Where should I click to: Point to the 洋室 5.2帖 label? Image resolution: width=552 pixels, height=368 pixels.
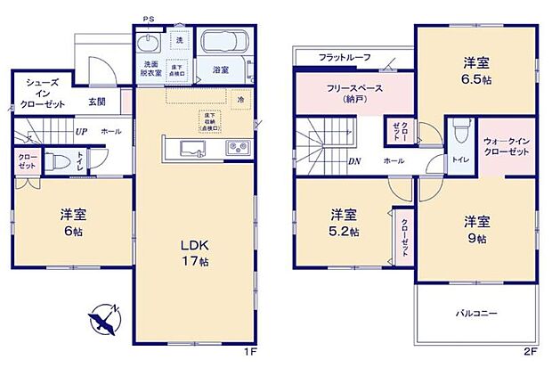(344, 223)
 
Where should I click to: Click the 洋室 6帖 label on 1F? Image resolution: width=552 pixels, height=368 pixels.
(73, 223)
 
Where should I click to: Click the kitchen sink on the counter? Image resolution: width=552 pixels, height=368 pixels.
(192, 147)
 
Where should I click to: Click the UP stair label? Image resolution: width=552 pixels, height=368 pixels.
(81, 132)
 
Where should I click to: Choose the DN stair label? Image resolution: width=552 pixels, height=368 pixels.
(353, 161)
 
